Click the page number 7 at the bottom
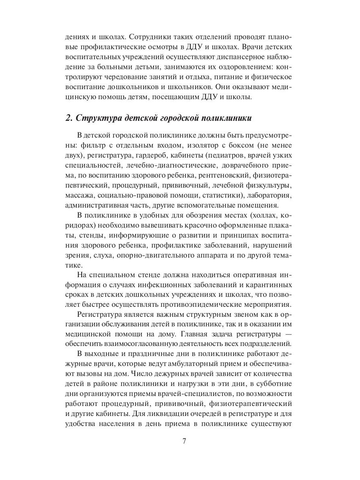(x=184, y=442)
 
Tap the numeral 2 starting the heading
(x=67, y=118)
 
